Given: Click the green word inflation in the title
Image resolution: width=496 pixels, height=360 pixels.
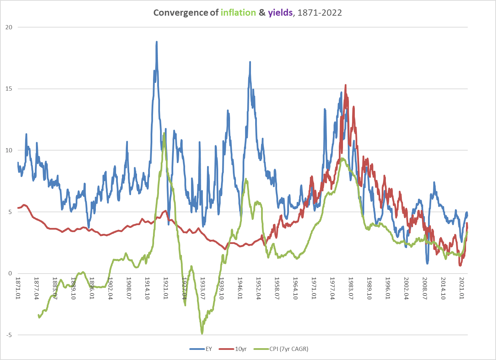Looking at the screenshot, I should point(238,13).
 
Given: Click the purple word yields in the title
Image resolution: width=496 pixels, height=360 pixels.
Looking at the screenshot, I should point(280,13).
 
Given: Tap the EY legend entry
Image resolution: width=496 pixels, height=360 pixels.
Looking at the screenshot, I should point(208,349).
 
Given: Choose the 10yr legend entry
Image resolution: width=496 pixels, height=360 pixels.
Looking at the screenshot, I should point(241,349).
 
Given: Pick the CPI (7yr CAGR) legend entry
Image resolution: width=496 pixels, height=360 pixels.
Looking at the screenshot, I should point(289,349).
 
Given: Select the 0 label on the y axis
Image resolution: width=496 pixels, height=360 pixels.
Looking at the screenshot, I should point(10,274).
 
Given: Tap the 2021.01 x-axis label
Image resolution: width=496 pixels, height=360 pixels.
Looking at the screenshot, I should point(462,288).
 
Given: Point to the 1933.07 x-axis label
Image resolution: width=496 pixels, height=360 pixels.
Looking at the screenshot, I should point(203,288).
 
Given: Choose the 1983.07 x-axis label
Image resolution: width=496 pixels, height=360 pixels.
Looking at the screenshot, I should point(351,288).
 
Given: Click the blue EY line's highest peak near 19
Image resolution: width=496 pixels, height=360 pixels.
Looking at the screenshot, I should point(157,42).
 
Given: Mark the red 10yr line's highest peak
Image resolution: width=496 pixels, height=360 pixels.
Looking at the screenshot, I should point(345,85).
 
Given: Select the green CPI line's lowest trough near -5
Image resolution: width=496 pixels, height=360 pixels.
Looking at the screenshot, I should point(202,334).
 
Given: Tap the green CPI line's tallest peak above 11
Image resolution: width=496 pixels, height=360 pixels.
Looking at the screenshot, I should point(164,133).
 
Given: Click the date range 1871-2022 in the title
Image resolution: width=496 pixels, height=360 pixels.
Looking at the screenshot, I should point(320,13).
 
